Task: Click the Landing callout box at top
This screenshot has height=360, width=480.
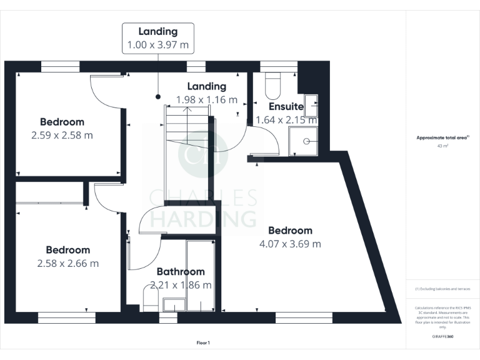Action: tap(157, 38)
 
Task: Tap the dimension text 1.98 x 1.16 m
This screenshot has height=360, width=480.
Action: tap(207, 99)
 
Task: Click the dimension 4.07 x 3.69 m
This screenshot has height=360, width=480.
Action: tap(290, 244)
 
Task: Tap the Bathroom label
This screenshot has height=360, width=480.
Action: tap(180, 272)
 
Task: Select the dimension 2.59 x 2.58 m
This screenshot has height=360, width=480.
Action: tap(62, 135)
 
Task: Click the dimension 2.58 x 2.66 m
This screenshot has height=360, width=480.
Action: tap(67, 263)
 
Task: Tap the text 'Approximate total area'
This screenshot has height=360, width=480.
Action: tap(442, 137)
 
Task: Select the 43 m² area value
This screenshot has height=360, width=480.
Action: tap(442, 146)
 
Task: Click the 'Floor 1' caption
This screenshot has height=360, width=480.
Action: tap(203, 342)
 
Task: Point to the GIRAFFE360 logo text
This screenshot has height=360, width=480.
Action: tap(442, 336)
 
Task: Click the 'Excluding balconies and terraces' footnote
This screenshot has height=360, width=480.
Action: tap(442, 289)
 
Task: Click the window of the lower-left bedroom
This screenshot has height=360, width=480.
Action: tap(67, 317)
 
